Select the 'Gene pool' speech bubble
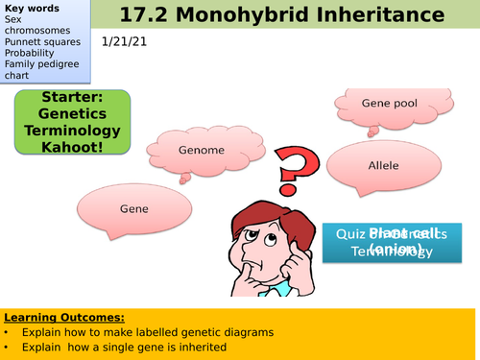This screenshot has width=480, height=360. (x=379, y=102)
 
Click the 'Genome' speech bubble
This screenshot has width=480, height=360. (x=202, y=150)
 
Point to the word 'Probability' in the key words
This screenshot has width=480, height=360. (x=28, y=53)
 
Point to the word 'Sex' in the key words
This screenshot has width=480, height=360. (x=13, y=18)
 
